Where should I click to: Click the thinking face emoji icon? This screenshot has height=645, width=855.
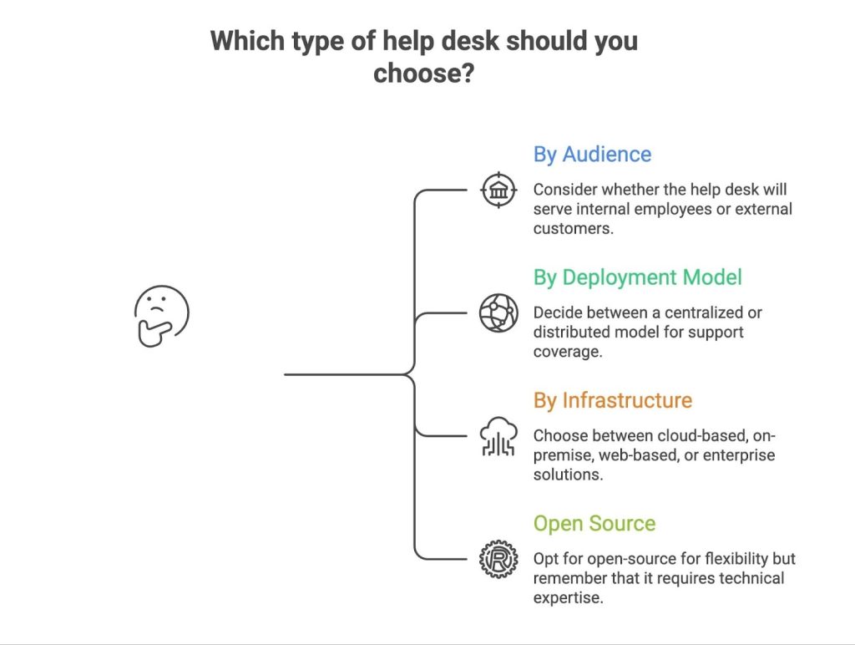(161, 315)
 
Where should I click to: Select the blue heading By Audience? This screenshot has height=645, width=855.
(592, 155)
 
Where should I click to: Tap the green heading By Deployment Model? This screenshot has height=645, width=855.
(638, 277)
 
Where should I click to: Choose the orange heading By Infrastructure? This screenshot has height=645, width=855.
(613, 400)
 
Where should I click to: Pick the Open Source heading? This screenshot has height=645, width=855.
(594, 524)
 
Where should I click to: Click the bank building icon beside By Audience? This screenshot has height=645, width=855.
(498, 190)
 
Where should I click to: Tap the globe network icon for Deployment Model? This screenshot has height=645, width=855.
(498, 313)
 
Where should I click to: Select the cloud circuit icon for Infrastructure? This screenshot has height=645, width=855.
(498, 436)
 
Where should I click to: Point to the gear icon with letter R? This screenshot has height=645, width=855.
(498, 559)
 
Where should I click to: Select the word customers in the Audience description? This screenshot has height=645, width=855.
(574, 228)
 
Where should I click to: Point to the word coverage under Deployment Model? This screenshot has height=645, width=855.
(567, 352)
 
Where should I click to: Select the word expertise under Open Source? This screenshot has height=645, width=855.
(567, 597)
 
